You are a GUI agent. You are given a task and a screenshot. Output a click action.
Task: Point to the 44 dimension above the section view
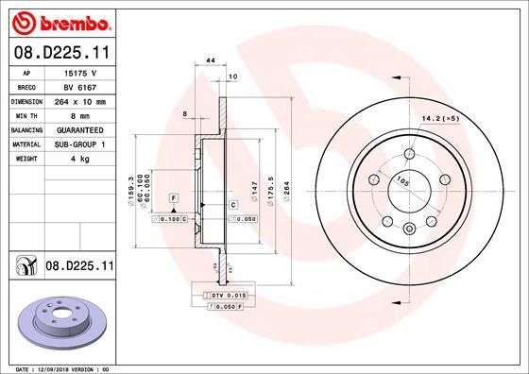(211, 59)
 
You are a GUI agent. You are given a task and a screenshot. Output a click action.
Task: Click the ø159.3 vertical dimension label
(129, 188)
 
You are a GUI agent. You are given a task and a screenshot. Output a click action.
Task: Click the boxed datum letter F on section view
(175, 197)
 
